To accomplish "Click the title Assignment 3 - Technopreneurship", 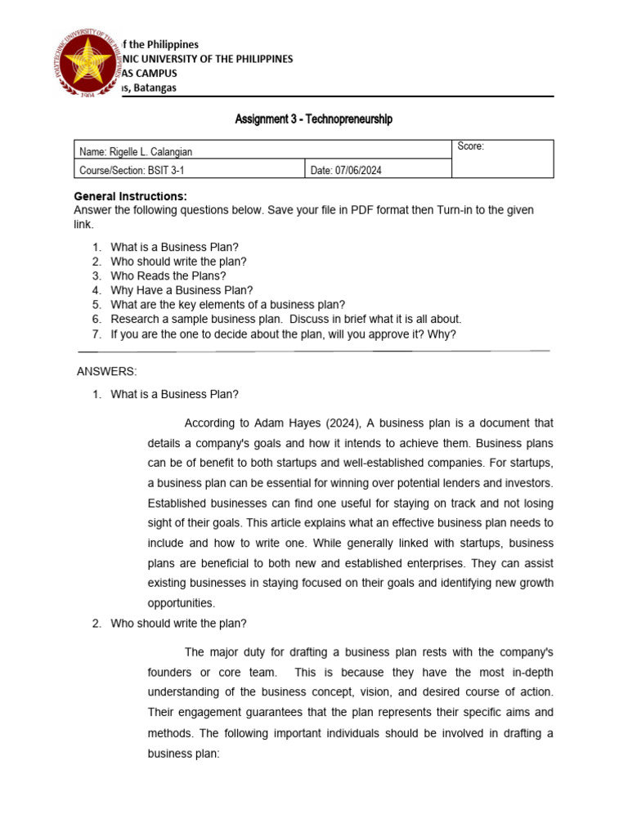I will (x=314, y=119).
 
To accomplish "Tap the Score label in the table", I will (x=470, y=146).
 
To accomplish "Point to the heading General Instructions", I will (x=130, y=196).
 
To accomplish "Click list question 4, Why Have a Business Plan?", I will (x=182, y=290).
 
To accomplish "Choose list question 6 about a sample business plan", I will (x=286, y=319).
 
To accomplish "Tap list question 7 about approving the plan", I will (x=284, y=333).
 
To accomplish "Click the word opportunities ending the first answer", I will (x=181, y=603).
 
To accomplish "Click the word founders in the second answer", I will (x=169, y=672).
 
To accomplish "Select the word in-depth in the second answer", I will (x=529, y=672).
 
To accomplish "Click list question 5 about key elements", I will (x=228, y=305).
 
